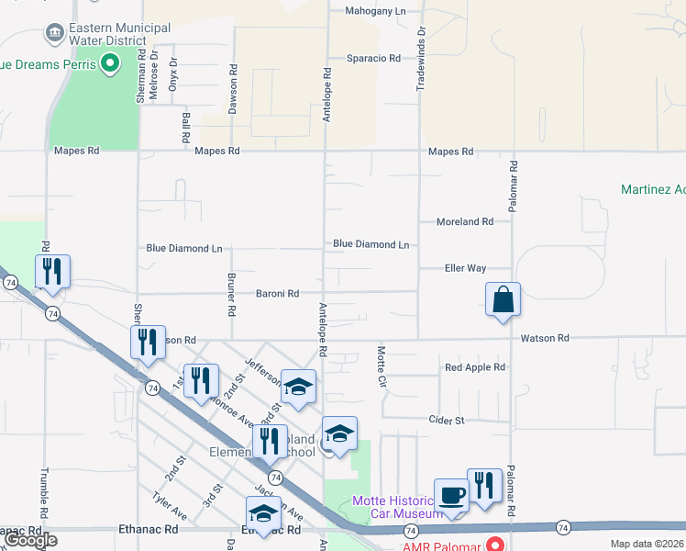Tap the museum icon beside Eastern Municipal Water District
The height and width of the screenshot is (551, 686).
[54, 35]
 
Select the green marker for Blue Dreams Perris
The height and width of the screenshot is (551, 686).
[109, 64]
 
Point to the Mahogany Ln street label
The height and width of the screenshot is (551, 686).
[375, 11]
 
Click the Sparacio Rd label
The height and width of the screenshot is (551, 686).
[373, 58]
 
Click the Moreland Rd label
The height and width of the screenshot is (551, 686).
[465, 221]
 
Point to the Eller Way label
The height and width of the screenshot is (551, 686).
[465, 268]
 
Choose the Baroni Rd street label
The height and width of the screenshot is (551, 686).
[277, 294]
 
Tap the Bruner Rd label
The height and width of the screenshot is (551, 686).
[232, 294]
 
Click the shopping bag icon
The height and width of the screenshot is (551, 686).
[503, 299]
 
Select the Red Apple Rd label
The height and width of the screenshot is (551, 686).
[475, 367]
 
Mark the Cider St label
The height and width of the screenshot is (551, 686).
[447, 420]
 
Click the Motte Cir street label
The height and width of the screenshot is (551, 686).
[380, 365]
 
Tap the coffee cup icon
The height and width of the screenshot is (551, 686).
[450, 495]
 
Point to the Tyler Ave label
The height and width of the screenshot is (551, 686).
[171, 504]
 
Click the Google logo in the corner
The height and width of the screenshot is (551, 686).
[30, 540]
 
